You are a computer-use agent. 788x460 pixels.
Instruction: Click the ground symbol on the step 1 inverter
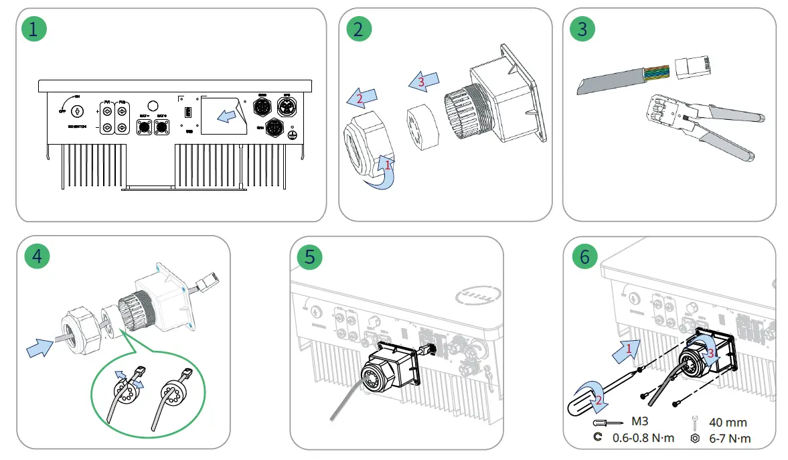(291, 135)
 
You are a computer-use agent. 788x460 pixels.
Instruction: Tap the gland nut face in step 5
(376, 386)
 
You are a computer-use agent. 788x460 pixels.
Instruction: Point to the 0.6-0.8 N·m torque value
(643, 439)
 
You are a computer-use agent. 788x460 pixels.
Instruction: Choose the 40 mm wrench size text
(728, 423)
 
